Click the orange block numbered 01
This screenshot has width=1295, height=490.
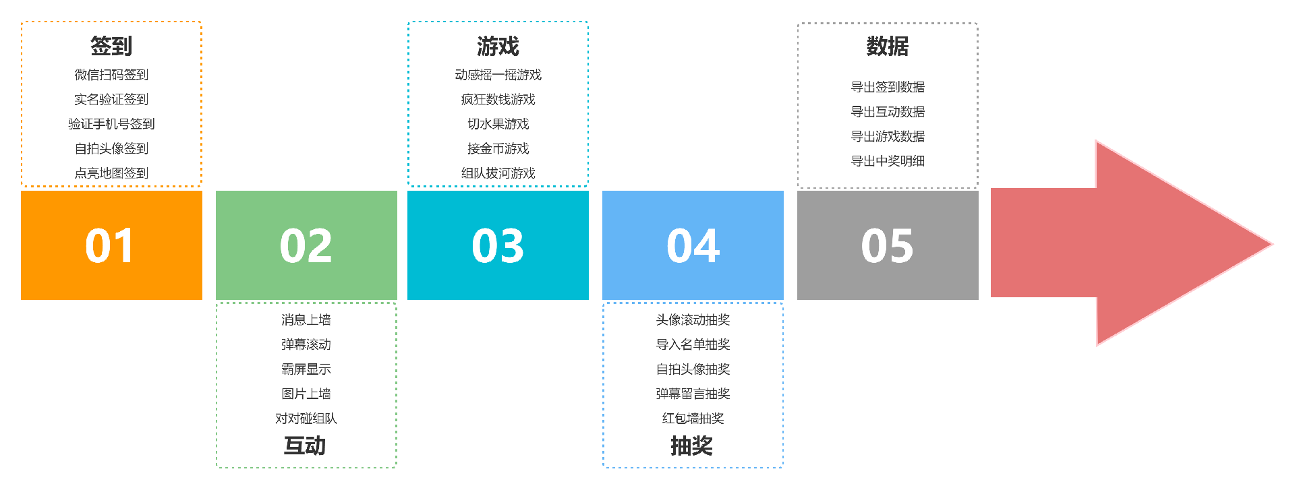tap(111, 245)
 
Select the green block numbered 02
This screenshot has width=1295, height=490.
tap(306, 245)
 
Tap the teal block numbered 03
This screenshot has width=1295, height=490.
tap(498, 245)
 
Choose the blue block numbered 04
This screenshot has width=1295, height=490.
tap(693, 245)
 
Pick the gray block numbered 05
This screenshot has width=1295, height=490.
tap(888, 245)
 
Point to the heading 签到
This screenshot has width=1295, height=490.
tap(111, 46)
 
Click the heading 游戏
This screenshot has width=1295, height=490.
tap(498, 46)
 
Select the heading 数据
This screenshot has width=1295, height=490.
tap(888, 46)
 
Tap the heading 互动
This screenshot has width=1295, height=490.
tap(305, 446)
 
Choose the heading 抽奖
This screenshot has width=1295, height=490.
tap(692, 446)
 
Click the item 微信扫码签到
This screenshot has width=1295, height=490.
tap(111, 75)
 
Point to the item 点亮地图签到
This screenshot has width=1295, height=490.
tap(111, 173)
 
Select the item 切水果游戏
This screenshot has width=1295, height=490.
tap(498, 124)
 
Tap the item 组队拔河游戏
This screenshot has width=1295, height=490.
tap(498, 173)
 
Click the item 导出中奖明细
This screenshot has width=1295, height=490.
tap(888, 161)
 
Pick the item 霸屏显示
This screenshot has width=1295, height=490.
tap(306, 369)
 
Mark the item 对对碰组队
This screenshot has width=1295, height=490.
tap(306, 419)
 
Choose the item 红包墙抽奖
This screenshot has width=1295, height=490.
tap(693, 419)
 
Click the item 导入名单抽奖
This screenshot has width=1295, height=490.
tap(693, 344)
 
